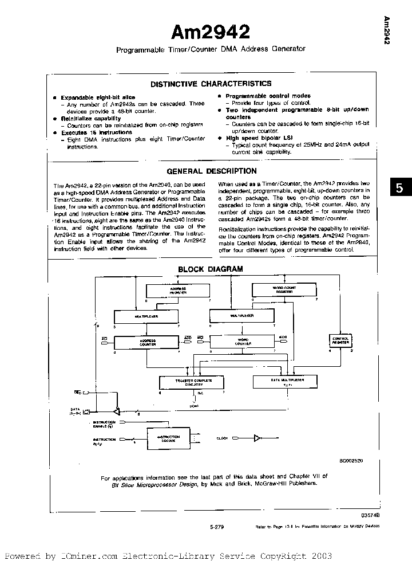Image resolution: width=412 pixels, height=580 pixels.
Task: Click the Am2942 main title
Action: [x=211, y=30]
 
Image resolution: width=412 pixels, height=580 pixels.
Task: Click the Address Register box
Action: [x=178, y=291]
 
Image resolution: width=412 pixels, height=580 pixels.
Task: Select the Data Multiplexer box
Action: [x=287, y=381]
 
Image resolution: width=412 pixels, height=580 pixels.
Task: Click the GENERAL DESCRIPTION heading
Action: [x=211, y=171]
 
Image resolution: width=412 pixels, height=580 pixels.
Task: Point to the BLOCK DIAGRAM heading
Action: [x=211, y=269]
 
